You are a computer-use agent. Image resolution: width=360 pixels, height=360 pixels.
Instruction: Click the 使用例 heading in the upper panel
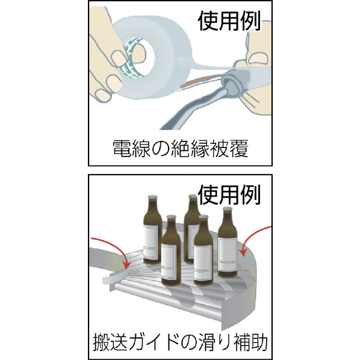click(229, 21)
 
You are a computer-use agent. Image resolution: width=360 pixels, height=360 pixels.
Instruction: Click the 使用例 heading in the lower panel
click(229, 194)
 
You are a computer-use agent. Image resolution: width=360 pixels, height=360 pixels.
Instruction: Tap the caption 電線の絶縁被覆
click(181, 149)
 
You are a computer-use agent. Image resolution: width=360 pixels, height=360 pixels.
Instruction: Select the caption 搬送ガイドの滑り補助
click(180, 343)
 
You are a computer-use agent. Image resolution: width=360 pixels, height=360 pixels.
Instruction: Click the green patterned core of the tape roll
click(129, 57)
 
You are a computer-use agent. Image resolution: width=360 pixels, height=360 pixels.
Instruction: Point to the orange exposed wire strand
click(200, 81)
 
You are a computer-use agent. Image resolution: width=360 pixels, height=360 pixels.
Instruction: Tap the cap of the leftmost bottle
click(152, 197)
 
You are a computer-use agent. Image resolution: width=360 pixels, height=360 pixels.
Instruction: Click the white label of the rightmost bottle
click(228, 255)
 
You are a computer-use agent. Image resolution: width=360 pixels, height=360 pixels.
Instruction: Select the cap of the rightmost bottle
click(228, 209)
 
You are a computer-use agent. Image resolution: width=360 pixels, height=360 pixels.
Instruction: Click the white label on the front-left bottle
click(169, 262)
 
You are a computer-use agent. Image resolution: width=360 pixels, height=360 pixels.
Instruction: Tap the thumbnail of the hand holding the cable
click(258, 58)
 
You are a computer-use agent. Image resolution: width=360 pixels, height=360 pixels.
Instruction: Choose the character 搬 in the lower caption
click(101, 343)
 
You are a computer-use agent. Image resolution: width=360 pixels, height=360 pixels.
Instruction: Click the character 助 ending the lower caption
click(259, 343)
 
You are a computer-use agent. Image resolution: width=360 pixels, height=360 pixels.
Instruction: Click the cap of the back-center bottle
click(193, 196)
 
